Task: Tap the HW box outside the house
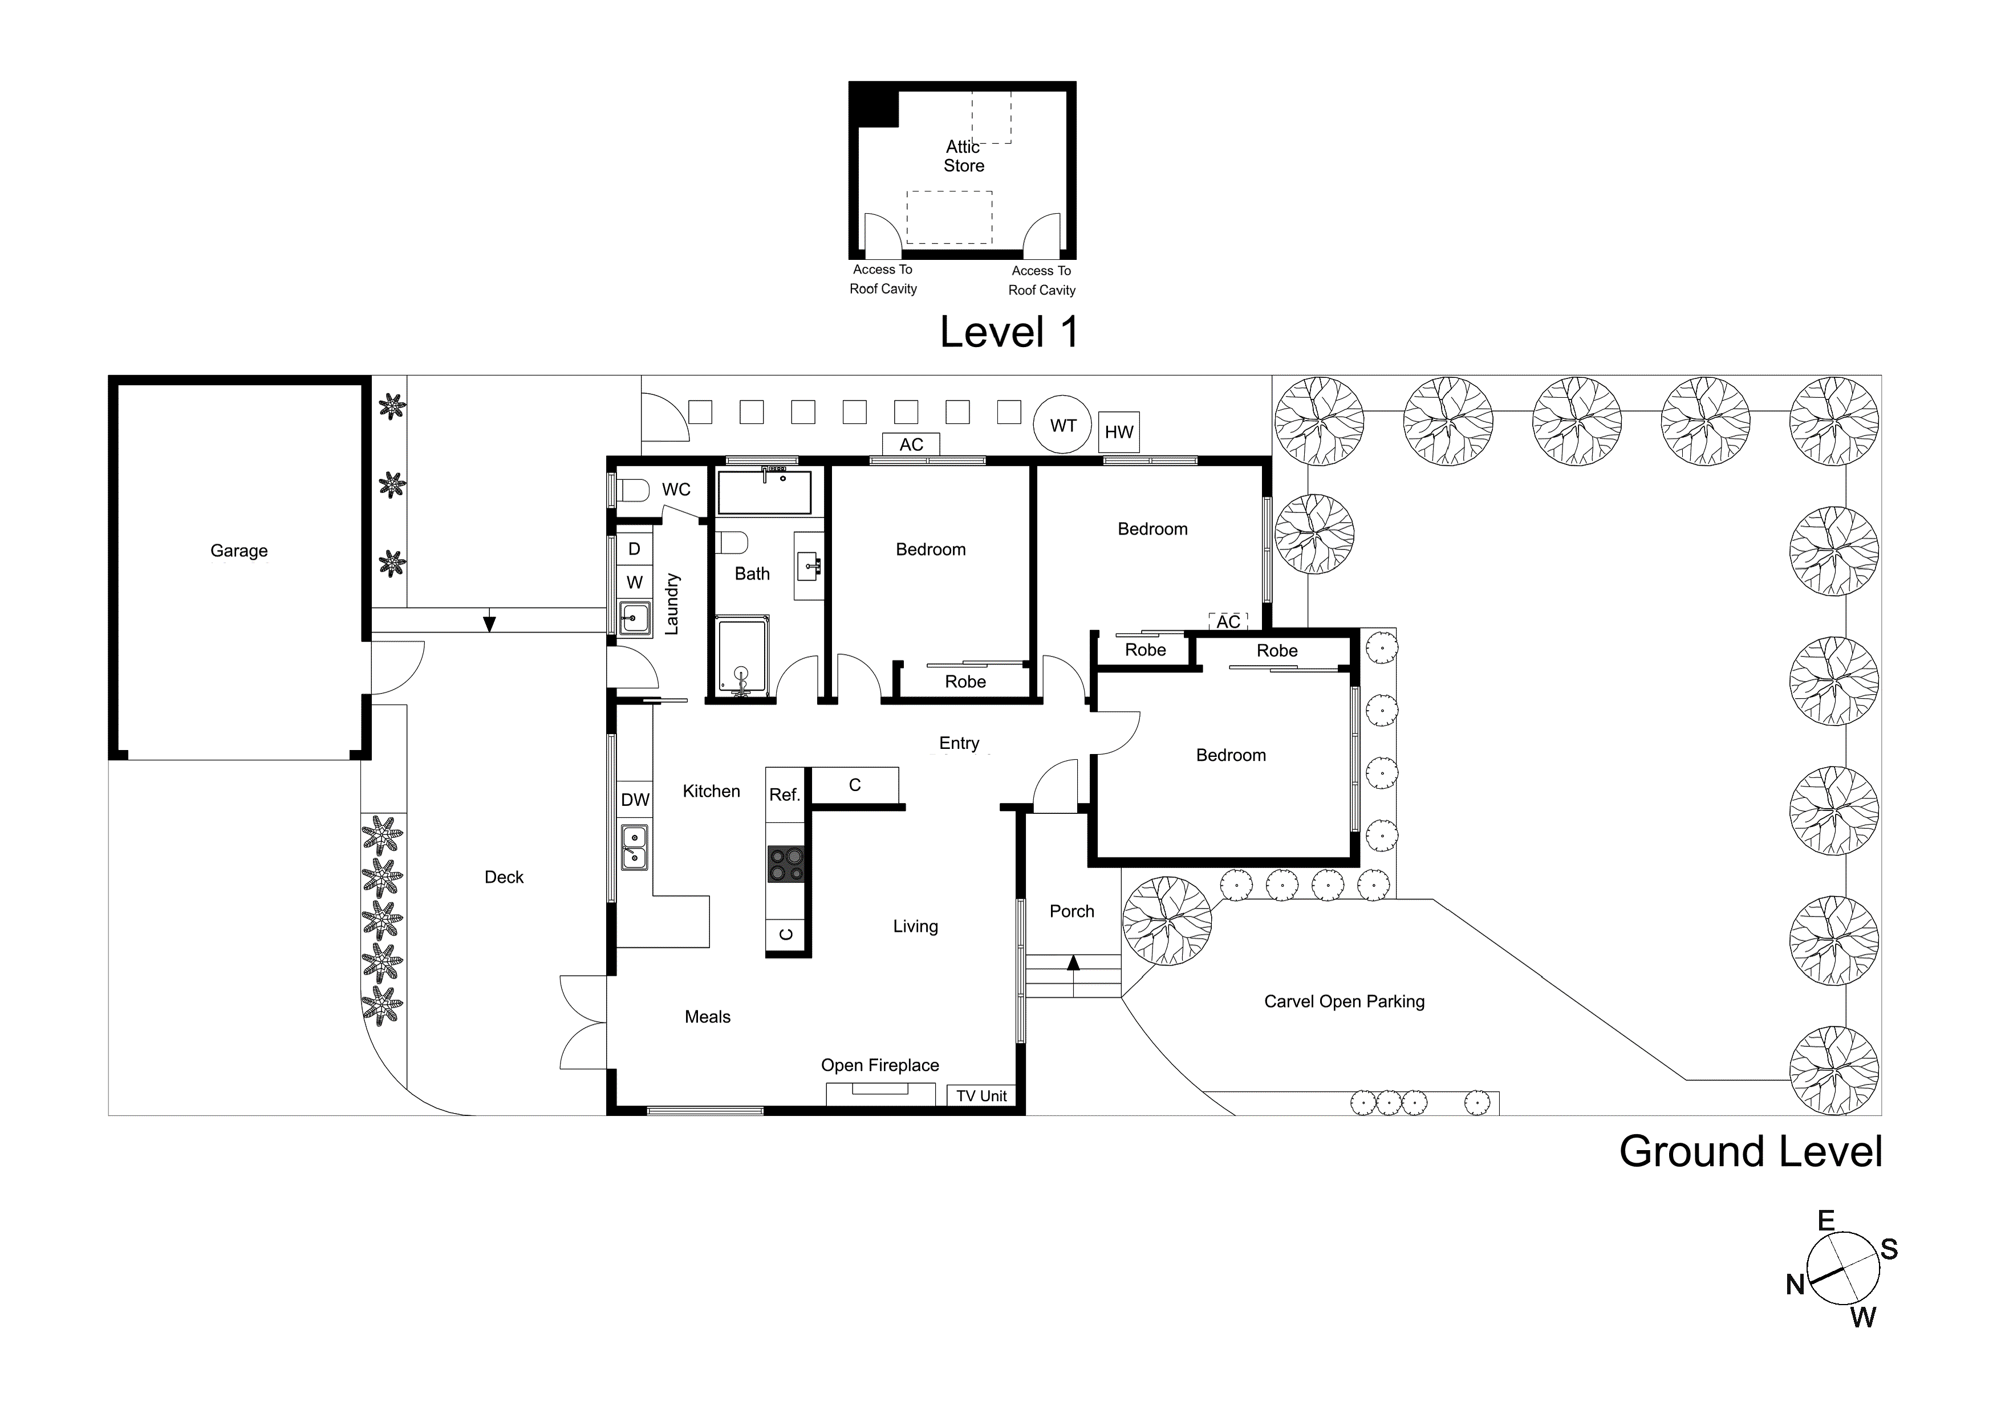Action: tap(1119, 432)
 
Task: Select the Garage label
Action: tap(239, 551)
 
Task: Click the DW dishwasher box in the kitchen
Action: tap(635, 800)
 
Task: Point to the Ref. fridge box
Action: tap(784, 794)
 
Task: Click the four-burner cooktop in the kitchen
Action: tap(786, 864)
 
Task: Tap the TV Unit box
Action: tap(981, 1096)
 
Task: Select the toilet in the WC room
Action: tap(633, 491)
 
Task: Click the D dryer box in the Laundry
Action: tap(635, 549)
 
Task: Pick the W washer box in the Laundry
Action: tap(635, 582)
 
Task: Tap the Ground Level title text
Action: tap(1750, 1152)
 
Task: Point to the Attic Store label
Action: tap(964, 156)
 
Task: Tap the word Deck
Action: tap(504, 877)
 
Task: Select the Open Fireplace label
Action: tap(879, 1066)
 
